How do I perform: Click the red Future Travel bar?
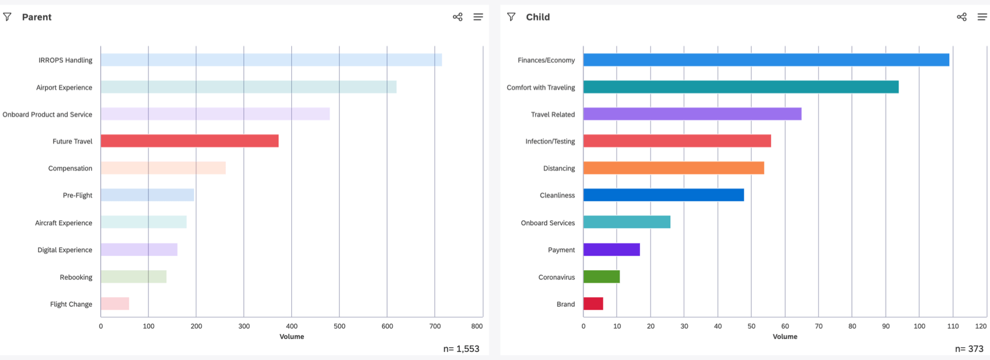click(x=189, y=141)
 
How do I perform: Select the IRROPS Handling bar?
click(x=271, y=60)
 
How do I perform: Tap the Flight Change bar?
click(x=115, y=303)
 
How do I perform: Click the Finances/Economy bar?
click(x=766, y=60)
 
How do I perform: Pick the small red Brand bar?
click(x=593, y=303)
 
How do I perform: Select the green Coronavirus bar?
click(x=601, y=277)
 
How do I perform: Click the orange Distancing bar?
click(x=673, y=168)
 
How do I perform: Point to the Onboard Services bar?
click(x=627, y=223)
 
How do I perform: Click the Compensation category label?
click(x=70, y=168)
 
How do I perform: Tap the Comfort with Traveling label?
click(x=540, y=87)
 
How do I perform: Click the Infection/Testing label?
click(x=550, y=141)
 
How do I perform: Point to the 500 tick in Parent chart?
click(x=340, y=326)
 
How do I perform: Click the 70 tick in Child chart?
click(x=818, y=326)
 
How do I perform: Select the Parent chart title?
click(x=37, y=17)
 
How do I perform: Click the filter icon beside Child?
click(x=511, y=17)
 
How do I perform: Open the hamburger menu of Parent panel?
click(x=478, y=17)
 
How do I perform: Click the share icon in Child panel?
click(x=961, y=17)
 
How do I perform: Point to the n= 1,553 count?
click(x=461, y=349)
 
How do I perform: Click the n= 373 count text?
click(x=969, y=349)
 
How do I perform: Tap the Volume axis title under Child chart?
click(x=784, y=337)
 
